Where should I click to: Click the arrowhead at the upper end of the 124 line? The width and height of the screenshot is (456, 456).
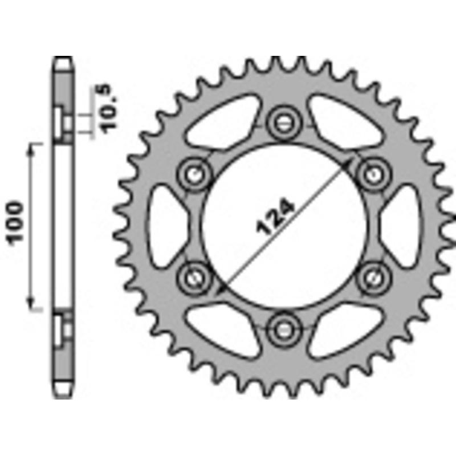pos(348,163)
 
